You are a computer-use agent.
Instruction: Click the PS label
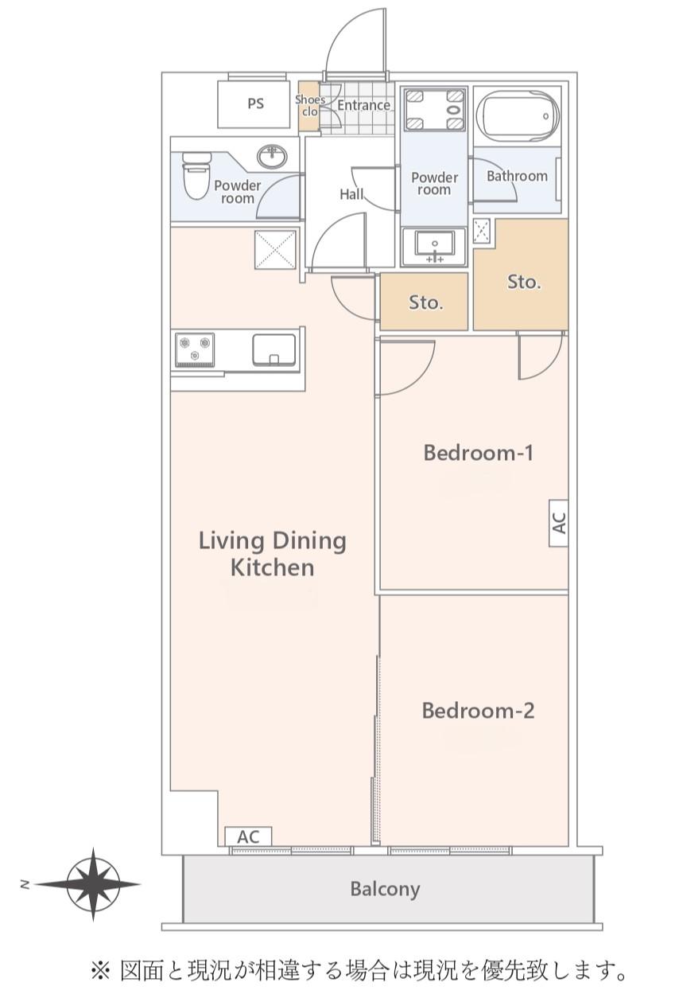coord(255,103)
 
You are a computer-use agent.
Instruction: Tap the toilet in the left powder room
coord(196,175)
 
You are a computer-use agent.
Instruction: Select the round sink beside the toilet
coord(272,157)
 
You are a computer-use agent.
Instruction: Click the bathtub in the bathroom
coord(518,116)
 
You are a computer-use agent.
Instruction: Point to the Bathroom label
coord(517,176)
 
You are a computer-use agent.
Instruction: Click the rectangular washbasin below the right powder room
coord(434,246)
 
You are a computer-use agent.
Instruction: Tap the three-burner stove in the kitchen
coord(195,350)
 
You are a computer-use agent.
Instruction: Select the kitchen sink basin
coord(274,349)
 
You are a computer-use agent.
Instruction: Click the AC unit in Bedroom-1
coord(558,523)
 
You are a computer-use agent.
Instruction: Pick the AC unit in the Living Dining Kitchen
coord(248,837)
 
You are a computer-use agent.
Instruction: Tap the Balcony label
coord(385,889)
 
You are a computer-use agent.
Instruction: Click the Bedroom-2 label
coord(478,711)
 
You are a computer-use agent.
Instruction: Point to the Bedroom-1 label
coord(478,453)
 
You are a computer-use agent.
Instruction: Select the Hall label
coord(351,194)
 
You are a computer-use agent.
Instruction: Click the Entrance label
coord(364,105)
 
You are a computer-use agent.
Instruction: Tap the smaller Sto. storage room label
coord(425,302)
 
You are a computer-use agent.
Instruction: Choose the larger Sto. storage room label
coord(524,282)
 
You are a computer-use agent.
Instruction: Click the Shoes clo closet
coord(309,106)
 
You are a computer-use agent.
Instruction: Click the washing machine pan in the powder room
coord(434,109)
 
